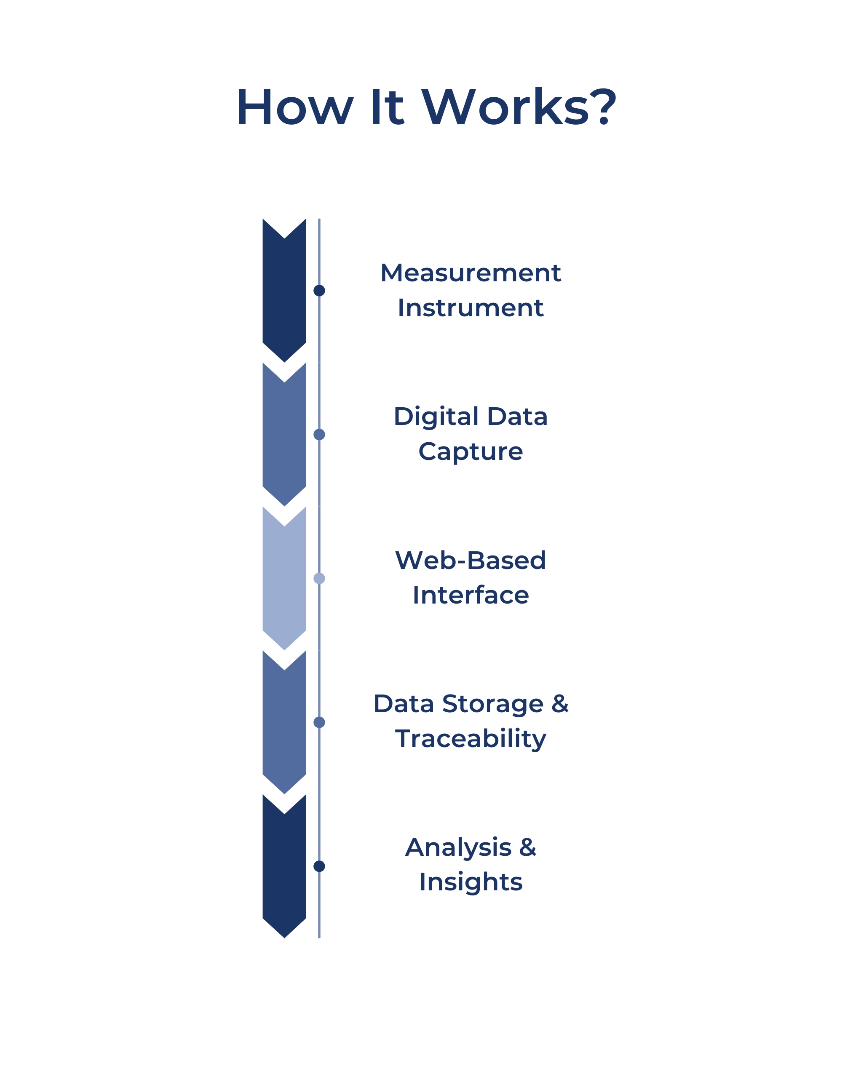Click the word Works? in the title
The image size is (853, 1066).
[518, 107]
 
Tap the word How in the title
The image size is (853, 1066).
[295, 107]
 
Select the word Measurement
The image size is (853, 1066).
[470, 273]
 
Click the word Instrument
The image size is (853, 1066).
[470, 307]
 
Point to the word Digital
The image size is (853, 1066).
[436, 417]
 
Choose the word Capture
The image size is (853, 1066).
[470, 452]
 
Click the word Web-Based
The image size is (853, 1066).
[470, 560]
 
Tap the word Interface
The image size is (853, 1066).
[470, 595]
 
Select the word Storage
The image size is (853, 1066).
[492, 704]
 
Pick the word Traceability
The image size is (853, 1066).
[470, 739]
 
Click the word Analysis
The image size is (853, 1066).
[458, 847]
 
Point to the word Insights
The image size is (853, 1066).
[470, 882]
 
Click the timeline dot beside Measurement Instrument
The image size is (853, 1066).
[319, 290]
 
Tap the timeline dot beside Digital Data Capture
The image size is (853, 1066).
[319, 434]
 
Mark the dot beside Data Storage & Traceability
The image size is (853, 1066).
[319, 722]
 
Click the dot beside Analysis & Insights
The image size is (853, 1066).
[319, 866]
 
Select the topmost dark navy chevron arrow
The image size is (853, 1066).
[284, 292]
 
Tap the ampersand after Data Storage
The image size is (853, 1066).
[560, 704]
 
